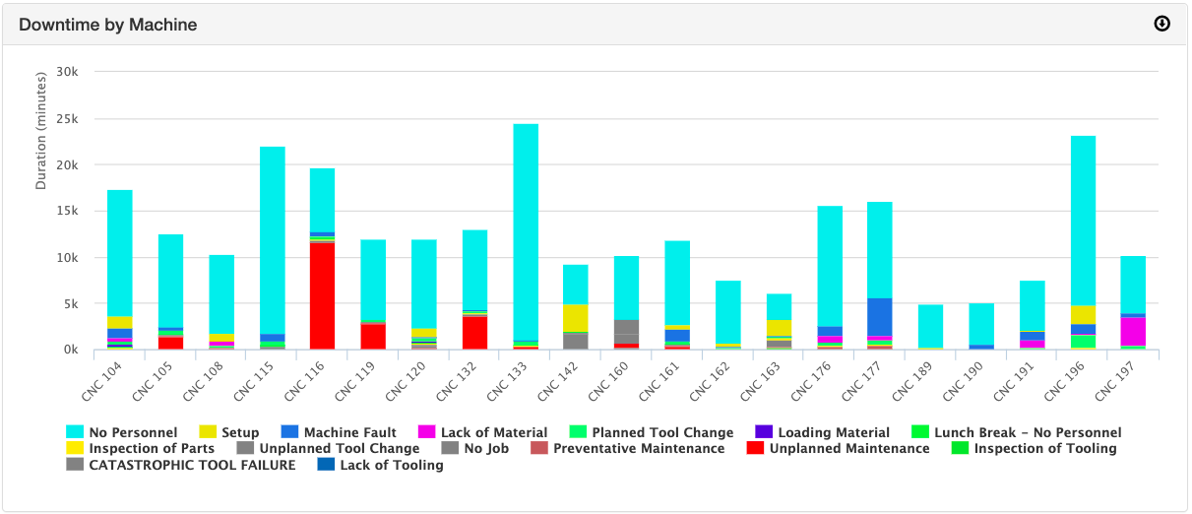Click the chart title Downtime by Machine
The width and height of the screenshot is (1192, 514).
tap(107, 25)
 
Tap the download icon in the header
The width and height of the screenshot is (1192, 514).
tap(1161, 24)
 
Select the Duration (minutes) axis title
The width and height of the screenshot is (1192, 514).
tap(41, 130)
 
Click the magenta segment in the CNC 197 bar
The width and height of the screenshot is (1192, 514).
tap(1133, 332)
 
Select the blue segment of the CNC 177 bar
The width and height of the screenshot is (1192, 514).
tap(879, 317)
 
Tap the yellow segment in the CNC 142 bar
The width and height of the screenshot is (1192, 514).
tap(576, 318)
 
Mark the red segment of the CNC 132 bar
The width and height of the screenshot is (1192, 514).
tap(474, 333)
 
